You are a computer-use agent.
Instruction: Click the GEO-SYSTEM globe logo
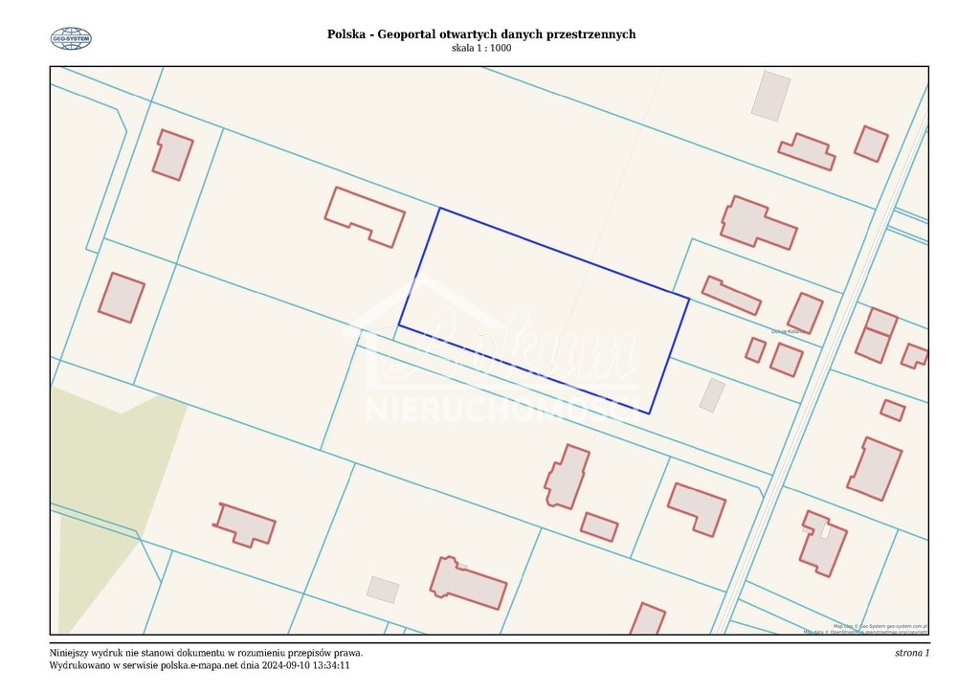[x=71, y=38]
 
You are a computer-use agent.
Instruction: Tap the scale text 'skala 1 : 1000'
[x=481, y=49]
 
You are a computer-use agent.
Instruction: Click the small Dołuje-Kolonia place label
[x=784, y=332]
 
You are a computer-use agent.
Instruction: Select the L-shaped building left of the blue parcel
[x=365, y=216]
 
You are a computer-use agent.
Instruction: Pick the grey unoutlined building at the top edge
[x=771, y=96]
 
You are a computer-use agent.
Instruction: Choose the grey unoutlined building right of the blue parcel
[x=712, y=395]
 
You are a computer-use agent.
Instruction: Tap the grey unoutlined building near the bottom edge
[x=383, y=590]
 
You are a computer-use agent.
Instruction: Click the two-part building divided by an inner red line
[x=876, y=335]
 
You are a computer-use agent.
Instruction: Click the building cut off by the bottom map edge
[x=648, y=619]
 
